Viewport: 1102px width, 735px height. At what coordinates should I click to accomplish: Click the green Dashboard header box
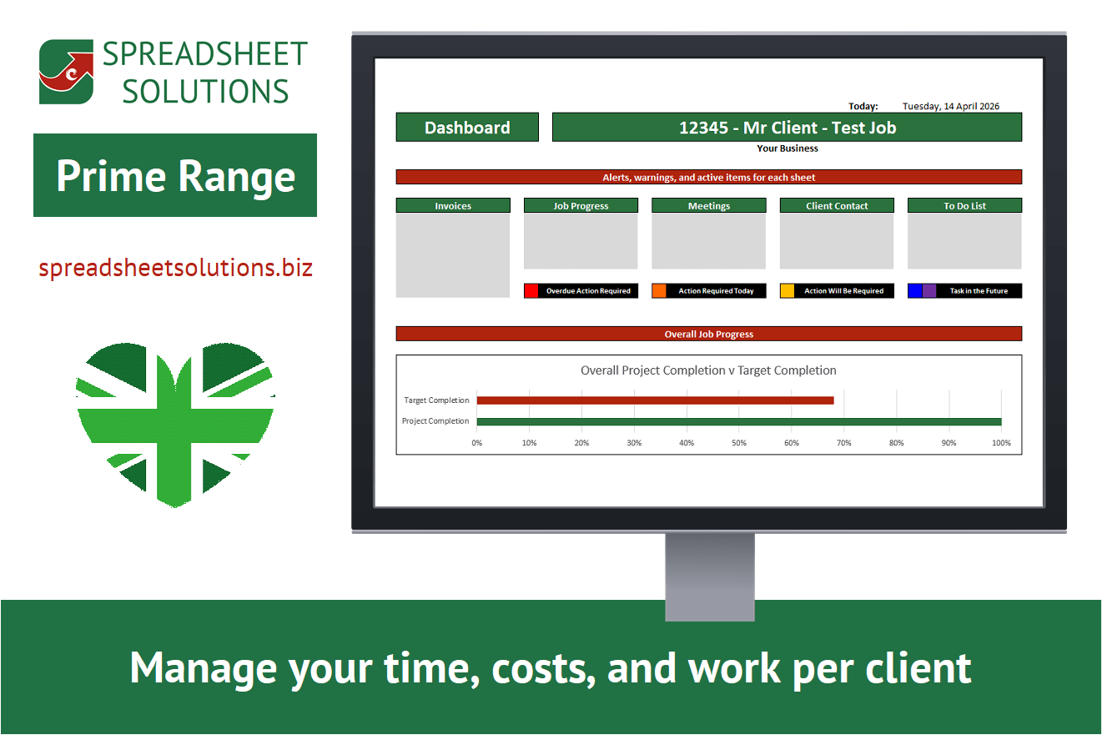pyautogui.click(x=467, y=128)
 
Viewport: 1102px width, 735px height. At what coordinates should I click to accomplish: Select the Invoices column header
pyautogui.click(x=453, y=205)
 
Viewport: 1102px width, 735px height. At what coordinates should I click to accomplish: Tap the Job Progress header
pyautogui.click(x=581, y=205)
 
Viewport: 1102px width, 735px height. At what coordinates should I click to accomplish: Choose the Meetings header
pyautogui.click(x=709, y=205)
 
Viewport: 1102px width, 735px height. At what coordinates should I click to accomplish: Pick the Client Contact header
pyautogui.click(x=837, y=205)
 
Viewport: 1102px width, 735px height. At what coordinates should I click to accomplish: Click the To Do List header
pyautogui.click(x=964, y=205)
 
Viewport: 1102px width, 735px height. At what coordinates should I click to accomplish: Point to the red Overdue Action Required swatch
pyautogui.click(x=531, y=291)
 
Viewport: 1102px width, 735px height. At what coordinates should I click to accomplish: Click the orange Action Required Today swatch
pyautogui.click(x=659, y=291)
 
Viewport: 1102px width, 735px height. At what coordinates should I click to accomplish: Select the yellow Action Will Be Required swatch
pyautogui.click(x=788, y=291)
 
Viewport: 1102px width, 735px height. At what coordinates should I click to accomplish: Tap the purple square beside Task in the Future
pyautogui.click(x=929, y=291)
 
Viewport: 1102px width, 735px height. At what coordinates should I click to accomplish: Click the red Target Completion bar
pyautogui.click(x=656, y=400)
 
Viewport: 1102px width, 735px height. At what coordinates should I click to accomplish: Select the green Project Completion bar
pyautogui.click(x=739, y=421)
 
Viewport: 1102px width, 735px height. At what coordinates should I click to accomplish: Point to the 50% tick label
pyautogui.click(x=739, y=443)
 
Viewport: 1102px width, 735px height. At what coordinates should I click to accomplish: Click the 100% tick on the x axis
pyautogui.click(x=1001, y=443)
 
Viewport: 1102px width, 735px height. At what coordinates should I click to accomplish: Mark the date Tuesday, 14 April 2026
pyautogui.click(x=951, y=106)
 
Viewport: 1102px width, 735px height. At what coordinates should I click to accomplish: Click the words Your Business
pyautogui.click(x=788, y=148)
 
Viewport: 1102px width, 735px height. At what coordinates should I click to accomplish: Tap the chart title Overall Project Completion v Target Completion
pyautogui.click(x=708, y=370)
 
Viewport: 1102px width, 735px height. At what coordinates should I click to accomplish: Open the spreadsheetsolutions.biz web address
pyautogui.click(x=176, y=268)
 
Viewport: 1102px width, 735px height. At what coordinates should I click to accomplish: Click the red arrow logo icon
pyautogui.click(x=67, y=72)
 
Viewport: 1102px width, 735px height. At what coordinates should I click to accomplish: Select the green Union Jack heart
pyautogui.click(x=175, y=424)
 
